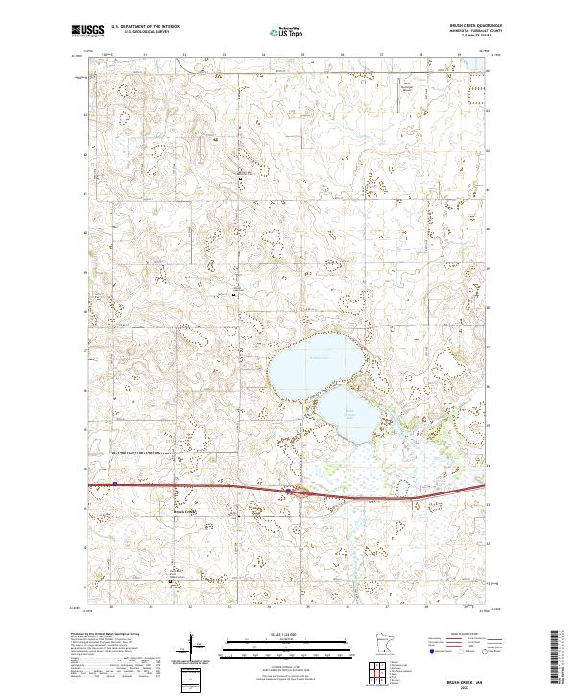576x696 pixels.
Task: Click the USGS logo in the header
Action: tap(87, 31)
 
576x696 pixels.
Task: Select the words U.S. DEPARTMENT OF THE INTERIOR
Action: tap(145, 27)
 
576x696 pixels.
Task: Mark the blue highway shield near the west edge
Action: tap(115, 484)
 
